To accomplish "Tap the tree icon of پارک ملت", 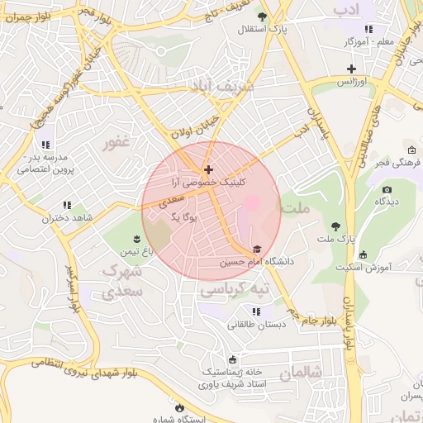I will coord(335,226).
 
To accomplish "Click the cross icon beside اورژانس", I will coord(352,69).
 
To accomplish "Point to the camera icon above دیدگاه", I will coord(387,189).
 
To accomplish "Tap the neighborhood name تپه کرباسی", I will coord(236,290).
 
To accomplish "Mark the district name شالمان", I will coord(299,373).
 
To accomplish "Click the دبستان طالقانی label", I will coord(257,325).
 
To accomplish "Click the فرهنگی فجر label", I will coord(392,164).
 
